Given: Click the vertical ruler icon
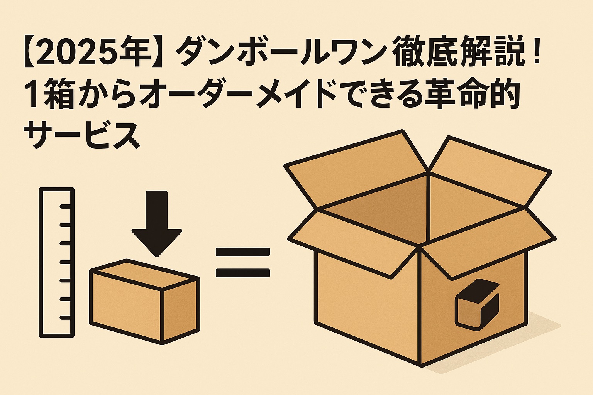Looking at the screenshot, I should click(57, 262).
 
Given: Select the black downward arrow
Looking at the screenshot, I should click(157, 224).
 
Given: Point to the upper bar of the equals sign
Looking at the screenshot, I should click(242, 252).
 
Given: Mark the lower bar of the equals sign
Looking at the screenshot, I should click(242, 273).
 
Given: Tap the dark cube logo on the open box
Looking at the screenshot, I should click(477, 305).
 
